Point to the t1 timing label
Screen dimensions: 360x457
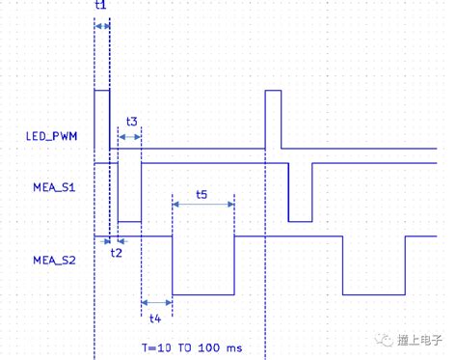coord(102,7)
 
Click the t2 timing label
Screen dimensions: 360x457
coord(116,252)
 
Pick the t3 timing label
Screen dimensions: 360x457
coord(132,122)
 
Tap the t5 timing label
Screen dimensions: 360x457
coord(202,194)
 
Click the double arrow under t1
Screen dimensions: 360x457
coord(101,26)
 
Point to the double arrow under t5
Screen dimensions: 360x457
coord(202,204)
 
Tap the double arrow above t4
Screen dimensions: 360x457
coord(156,302)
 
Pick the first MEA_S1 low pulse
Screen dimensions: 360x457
coord(130,193)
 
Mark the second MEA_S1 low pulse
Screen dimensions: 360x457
coord(300,193)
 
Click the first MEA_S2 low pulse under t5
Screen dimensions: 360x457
coord(202,265)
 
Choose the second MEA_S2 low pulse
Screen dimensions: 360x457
coord(373,265)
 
